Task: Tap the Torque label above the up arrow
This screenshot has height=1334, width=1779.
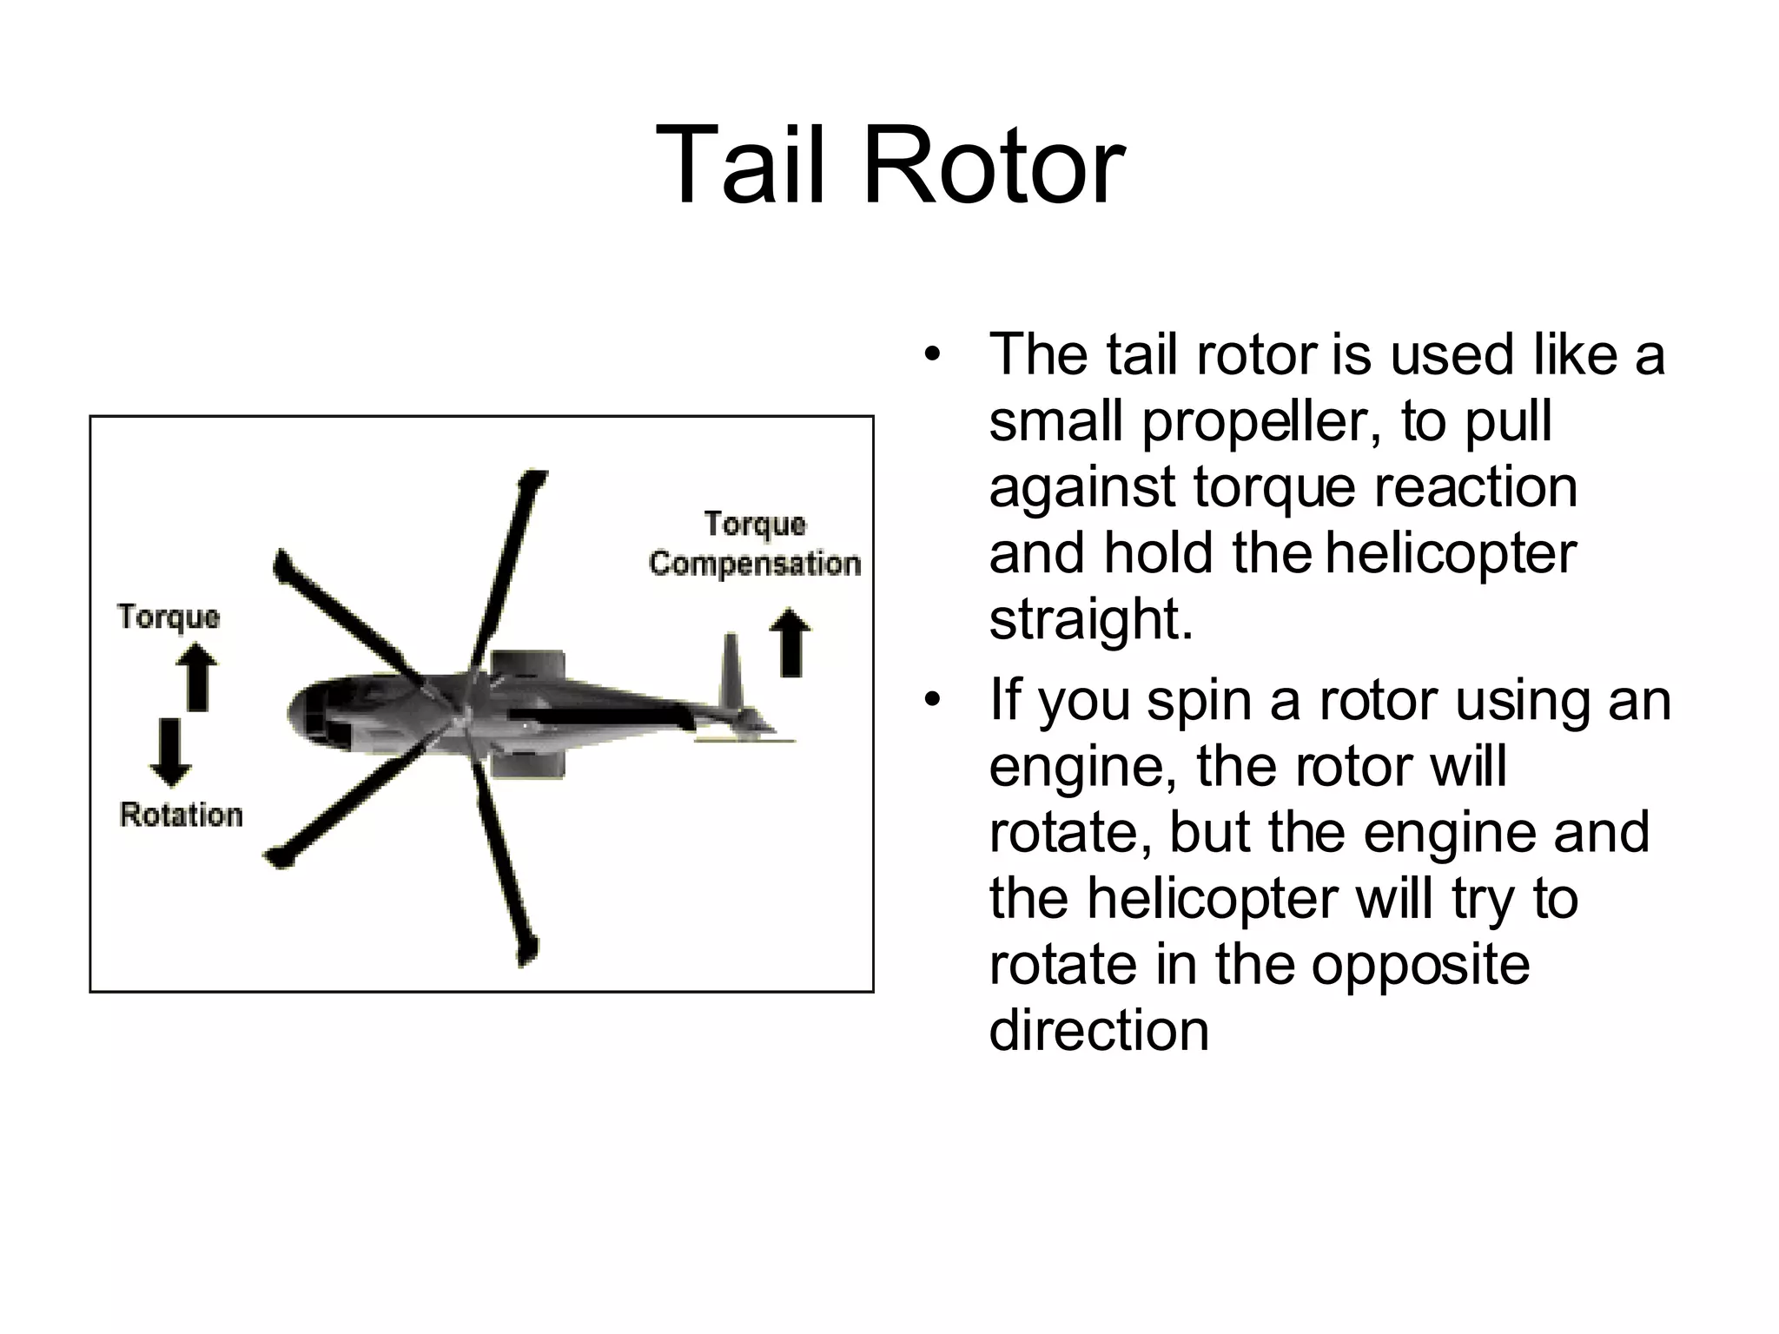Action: tap(169, 617)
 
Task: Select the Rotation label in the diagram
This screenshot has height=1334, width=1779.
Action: tap(181, 815)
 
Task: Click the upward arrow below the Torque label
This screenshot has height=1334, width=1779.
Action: tap(198, 677)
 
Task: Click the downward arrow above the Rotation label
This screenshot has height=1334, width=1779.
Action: tap(170, 751)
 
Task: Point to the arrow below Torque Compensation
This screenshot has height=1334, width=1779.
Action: tap(790, 643)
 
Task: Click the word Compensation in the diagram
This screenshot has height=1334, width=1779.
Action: tap(754, 564)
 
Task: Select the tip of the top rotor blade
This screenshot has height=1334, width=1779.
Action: tap(531, 479)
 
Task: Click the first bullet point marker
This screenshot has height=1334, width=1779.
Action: tap(932, 355)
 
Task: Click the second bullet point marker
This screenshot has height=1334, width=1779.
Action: tap(932, 700)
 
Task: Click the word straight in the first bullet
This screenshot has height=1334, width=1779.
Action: tap(1091, 619)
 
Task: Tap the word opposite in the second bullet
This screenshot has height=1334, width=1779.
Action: tap(1419, 964)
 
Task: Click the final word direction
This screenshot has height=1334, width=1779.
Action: tap(1099, 1030)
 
